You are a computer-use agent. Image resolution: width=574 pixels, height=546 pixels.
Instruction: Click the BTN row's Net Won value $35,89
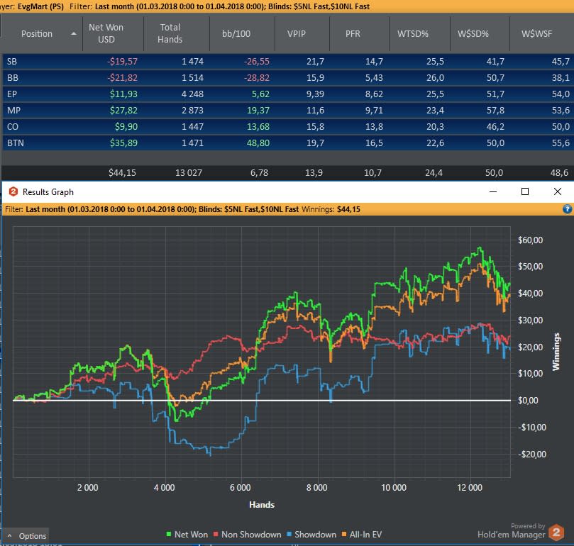point(123,143)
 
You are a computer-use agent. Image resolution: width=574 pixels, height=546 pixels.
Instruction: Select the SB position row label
point(12,61)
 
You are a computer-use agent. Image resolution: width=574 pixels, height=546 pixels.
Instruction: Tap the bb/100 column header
point(236,33)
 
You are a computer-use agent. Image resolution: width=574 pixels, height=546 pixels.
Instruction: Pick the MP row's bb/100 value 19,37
point(258,110)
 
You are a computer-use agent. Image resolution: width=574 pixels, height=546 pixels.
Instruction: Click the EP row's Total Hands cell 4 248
point(192,94)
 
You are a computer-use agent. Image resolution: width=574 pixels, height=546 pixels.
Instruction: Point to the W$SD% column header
point(473,33)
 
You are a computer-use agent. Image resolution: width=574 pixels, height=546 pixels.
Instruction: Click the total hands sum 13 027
point(189,173)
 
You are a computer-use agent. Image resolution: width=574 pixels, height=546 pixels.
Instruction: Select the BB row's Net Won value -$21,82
point(122,77)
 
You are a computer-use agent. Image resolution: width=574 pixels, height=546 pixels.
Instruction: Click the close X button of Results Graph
point(558,191)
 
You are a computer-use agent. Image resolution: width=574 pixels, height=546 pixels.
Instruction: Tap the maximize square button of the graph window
point(525,191)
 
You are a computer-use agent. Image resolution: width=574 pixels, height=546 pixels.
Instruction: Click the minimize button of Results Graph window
point(493,191)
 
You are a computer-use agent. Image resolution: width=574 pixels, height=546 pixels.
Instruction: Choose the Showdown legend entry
point(311,535)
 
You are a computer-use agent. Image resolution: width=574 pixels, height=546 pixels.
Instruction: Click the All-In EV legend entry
point(362,535)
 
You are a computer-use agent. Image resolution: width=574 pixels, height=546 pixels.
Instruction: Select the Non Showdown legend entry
point(248,535)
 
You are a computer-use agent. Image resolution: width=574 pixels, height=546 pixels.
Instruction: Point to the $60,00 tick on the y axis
point(531,240)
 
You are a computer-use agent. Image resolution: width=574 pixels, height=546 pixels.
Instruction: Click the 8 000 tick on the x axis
point(316,487)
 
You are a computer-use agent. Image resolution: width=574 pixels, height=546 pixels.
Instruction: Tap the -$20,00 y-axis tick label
point(532,454)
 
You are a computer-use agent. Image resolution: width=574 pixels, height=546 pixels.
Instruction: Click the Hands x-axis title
point(262,505)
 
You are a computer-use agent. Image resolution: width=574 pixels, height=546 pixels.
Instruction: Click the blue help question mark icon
point(567,209)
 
